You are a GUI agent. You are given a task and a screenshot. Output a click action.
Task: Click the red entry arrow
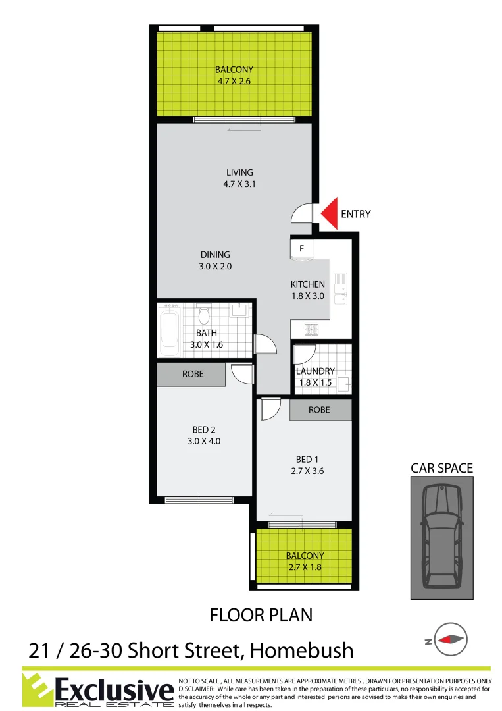(330, 213)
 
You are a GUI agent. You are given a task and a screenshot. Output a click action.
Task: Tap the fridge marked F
(301, 250)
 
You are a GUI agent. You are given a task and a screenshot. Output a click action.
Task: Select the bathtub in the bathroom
(170, 332)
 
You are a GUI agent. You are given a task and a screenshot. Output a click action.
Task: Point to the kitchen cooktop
(310, 329)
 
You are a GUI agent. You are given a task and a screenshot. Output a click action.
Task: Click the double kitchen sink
(339, 290)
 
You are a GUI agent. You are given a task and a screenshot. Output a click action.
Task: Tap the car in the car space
(441, 537)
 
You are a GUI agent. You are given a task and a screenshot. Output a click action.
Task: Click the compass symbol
(449, 638)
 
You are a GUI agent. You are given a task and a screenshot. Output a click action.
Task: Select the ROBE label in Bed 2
(193, 374)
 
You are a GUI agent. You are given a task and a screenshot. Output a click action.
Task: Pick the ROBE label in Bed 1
(319, 409)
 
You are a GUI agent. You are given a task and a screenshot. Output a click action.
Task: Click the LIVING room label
(239, 172)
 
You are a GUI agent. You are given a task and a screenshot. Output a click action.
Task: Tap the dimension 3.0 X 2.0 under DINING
(216, 267)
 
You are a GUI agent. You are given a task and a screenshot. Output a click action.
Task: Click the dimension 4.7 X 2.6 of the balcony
(234, 82)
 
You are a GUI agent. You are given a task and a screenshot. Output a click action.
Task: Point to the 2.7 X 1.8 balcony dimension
(305, 567)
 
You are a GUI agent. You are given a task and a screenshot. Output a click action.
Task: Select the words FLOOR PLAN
(261, 616)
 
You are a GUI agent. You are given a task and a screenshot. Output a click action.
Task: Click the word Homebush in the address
(305, 650)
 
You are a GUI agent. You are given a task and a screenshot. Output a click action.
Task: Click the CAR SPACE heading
(441, 468)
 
